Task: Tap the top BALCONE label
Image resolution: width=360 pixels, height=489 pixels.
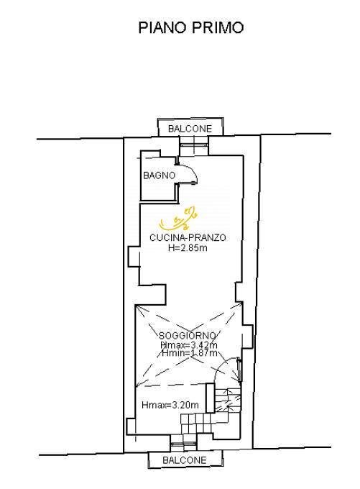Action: [190, 128]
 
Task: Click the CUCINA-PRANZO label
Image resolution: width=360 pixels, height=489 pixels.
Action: [188, 237]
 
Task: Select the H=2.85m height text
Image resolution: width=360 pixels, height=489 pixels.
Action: [188, 248]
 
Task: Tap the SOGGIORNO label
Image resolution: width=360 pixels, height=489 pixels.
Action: [187, 336]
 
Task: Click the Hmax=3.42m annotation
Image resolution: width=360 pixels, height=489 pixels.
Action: [188, 345]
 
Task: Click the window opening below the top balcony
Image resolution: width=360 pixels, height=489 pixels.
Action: [192, 145]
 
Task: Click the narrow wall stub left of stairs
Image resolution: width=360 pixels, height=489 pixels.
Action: [210, 400]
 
